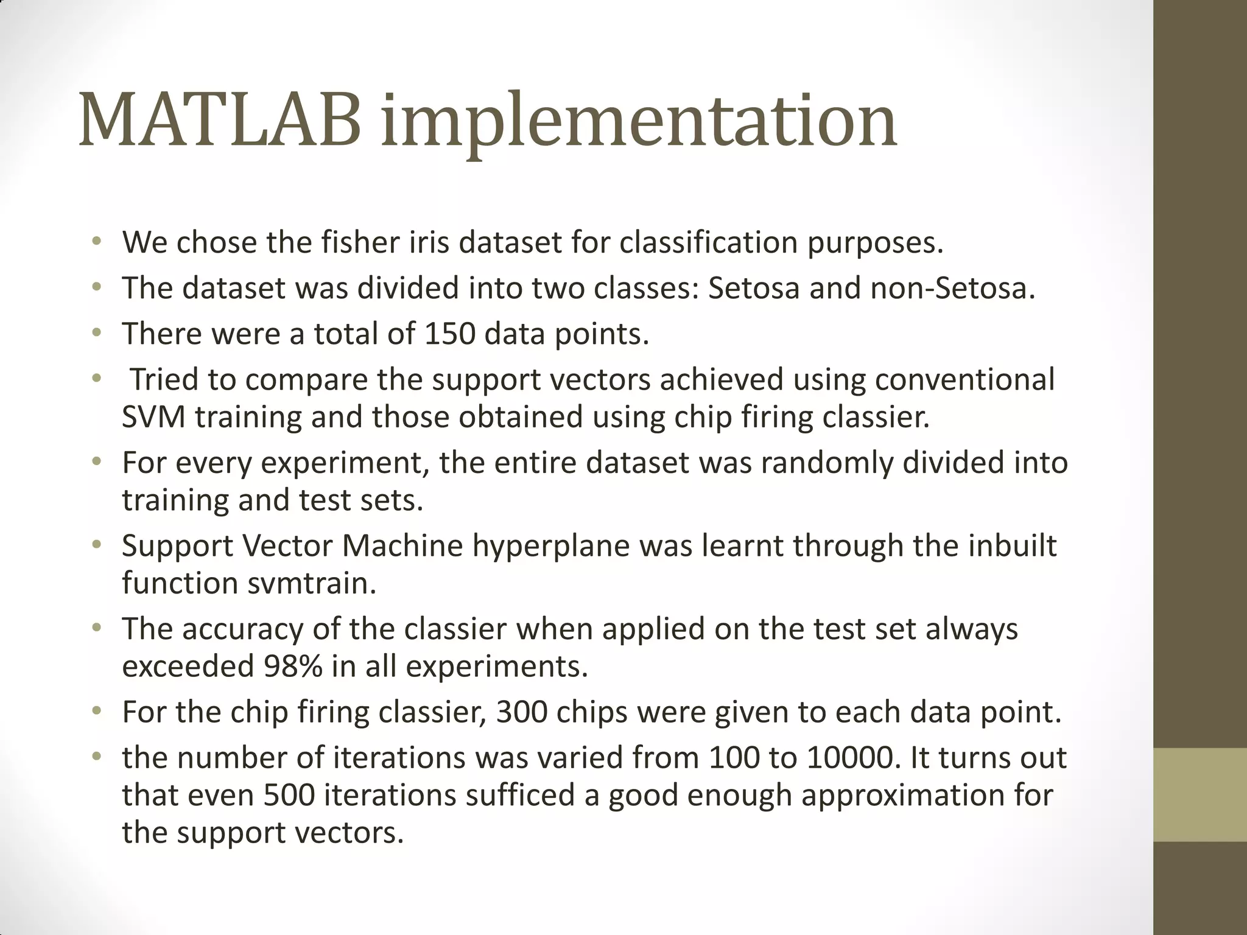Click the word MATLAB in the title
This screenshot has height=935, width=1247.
click(220, 121)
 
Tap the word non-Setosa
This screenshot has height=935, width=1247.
click(953, 288)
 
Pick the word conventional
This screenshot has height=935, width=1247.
click(964, 379)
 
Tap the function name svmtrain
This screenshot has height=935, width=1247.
click(312, 583)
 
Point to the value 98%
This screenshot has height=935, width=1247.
click(293, 667)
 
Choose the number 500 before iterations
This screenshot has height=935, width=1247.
click(289, 796)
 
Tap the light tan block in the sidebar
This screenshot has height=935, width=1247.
click(1200, 794)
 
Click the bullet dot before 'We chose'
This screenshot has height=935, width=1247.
click(96, 242)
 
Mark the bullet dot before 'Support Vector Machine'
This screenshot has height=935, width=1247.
click(96, 545)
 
